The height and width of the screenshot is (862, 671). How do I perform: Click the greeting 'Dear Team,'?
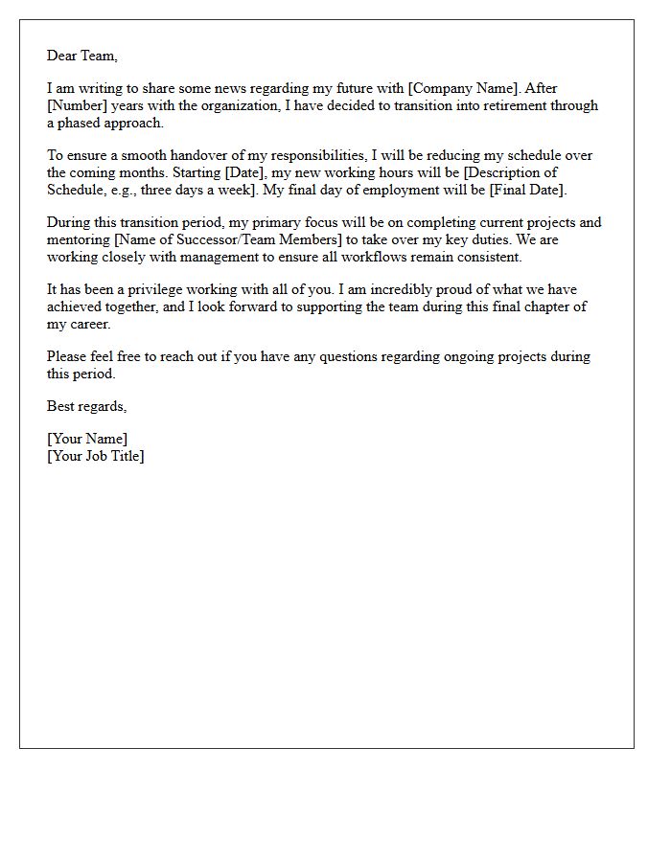(x=82, y=56)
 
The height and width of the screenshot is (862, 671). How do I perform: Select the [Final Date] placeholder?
(x=526, y=190)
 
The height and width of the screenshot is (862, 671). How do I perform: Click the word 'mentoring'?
(x=79, y=239)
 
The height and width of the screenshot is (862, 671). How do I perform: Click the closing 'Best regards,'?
(x=87, y=406)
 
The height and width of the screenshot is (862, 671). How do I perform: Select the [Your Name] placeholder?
(x=87, y=439)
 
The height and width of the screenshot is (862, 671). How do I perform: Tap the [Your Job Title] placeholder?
(x=96, y=456)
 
